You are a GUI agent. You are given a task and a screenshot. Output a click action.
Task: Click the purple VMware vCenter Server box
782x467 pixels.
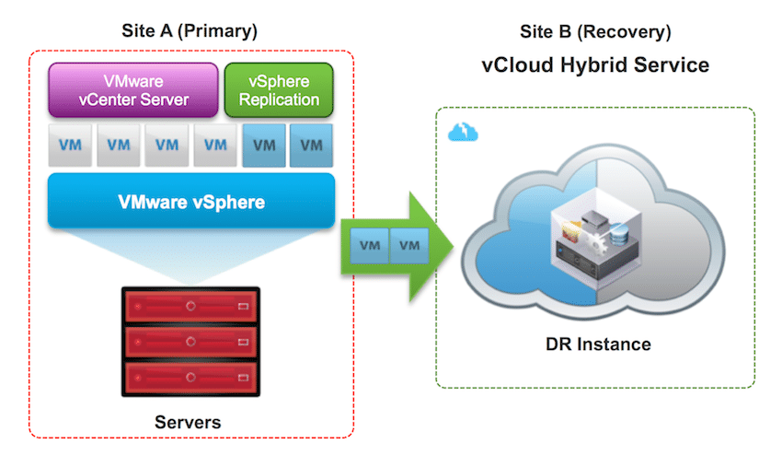(133, 90)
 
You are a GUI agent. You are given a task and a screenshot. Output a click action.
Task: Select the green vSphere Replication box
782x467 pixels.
(279, 90)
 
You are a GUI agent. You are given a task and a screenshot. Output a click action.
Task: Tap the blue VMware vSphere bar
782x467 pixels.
(191, 201)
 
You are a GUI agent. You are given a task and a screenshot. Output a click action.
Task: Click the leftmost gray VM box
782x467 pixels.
(70, 145)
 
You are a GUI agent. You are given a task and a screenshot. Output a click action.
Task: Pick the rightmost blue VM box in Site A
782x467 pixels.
(311, 145)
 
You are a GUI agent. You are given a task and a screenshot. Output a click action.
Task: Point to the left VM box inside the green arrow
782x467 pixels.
(370, 245)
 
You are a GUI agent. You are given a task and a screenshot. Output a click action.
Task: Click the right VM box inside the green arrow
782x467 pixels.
(409, 245)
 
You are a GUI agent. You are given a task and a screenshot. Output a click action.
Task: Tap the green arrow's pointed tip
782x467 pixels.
(454, 246)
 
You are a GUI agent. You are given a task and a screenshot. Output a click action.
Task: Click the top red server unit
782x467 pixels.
(190, 306)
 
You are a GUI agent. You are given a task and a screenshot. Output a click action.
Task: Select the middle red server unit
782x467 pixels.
(190, 342)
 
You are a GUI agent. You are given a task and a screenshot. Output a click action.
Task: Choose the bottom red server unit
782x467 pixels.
(190, 378)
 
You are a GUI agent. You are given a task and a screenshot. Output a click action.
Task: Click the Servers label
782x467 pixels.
(188, 422)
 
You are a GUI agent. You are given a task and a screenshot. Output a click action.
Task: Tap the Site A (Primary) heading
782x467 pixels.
(190, 31)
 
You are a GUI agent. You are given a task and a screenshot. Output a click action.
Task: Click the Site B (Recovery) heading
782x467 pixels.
(595, 31)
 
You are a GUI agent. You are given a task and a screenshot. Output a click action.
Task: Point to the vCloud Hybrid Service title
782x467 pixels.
(595, 64)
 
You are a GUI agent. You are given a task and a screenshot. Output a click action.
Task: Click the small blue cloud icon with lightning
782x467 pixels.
(463, 132)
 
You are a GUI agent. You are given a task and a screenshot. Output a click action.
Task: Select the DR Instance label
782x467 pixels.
(598, 344)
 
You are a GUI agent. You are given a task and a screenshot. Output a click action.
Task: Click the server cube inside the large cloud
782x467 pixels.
(596, 244)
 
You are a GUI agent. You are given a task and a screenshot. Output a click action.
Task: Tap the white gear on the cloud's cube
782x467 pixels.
(594, 241)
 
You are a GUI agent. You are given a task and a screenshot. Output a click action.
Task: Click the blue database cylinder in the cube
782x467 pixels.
(618, 235)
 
